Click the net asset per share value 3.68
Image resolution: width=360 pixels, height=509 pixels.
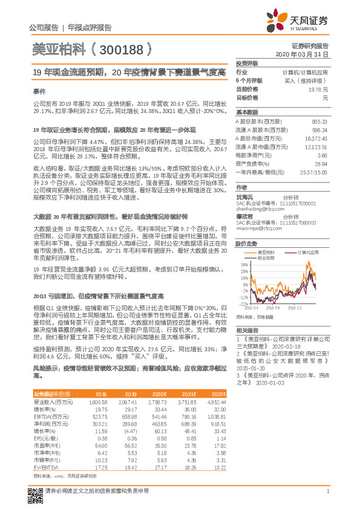pos(322,155)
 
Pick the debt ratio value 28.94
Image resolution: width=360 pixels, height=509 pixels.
pos(320,163)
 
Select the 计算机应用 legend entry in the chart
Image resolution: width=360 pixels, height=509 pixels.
pos(309,251)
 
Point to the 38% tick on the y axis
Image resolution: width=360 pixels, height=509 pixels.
pos(243,265)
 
